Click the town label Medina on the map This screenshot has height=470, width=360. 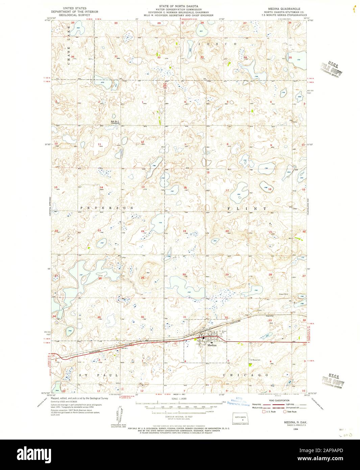[x=212, y=345]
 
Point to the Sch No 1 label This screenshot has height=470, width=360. [x=115, y=121]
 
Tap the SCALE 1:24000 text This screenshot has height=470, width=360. [x=179, y=399]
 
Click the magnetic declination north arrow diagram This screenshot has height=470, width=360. [x=118, y=414]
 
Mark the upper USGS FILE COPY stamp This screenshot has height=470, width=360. [x=332, y=69]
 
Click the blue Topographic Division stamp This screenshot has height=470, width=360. [x=239, y=402]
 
